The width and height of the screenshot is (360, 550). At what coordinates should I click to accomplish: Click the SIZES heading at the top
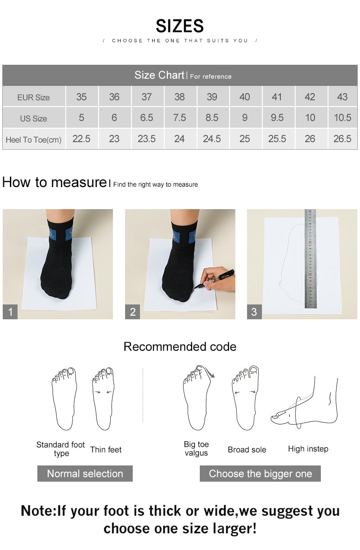pos(180,26)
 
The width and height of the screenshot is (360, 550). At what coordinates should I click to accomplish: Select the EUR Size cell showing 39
pos(212,97)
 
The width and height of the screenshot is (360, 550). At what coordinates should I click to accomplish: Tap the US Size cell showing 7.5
pos(179,118)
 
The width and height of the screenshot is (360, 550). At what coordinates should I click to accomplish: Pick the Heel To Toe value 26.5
pos(342,139)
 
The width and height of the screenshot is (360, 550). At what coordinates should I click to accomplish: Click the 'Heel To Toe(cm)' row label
pos(34,140)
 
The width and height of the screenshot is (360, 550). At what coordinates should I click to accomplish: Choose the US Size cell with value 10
pos(310,118)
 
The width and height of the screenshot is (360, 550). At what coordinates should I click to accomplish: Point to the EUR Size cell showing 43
pos(342,97)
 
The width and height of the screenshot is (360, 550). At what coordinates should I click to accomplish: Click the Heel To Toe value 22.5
pos(81,139)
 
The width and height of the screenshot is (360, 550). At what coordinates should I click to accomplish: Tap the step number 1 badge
pos(10,312)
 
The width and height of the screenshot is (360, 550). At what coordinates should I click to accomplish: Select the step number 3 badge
pos(254,312)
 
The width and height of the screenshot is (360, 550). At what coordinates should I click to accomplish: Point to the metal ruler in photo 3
pos(310,259)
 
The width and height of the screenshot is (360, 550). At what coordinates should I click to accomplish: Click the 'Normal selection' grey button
pos(85,474)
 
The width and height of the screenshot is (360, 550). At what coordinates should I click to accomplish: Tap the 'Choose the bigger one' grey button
pos(260,474)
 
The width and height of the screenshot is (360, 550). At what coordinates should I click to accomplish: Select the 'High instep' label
pos(308,449)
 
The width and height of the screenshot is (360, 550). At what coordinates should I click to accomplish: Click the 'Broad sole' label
pos(247,449)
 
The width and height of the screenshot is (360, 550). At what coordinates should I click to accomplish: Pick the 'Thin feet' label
pos(106,449)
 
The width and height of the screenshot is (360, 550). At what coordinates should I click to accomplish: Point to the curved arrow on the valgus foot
pos(210,371)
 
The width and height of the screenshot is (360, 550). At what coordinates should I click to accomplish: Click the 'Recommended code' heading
pos(180,347)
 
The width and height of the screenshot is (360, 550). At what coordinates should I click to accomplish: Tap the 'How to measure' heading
pos(54,182)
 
